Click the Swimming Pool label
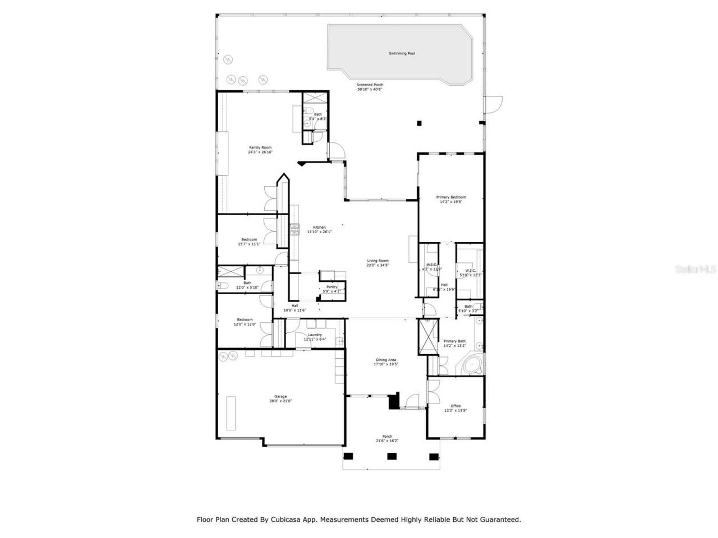tap(402, 54)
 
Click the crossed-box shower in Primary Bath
tap(427, 337)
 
